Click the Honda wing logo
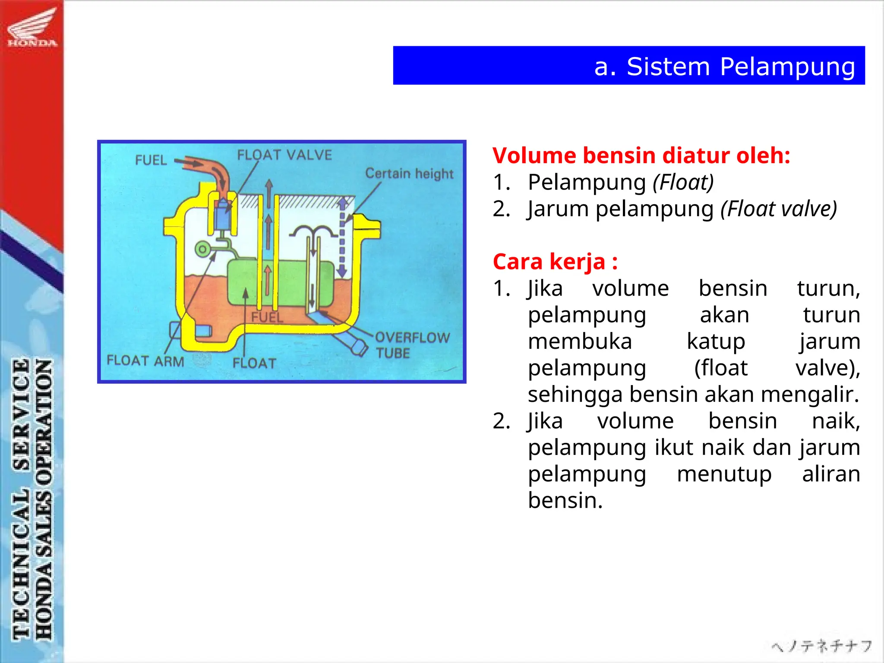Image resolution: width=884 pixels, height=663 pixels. coord(32,27)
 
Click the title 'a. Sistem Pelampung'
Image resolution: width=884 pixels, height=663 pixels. coord(724,66)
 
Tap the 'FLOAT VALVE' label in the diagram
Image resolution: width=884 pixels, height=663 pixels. coord(284,155)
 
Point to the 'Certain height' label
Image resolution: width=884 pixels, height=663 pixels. coord(409,174)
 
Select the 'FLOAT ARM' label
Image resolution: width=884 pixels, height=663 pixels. coord(145,360)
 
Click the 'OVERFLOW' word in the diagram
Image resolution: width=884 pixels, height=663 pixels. coord(412,338)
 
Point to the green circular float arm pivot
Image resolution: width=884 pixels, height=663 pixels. coord(202,249)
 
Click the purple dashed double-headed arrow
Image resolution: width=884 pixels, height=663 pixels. coord(342,237)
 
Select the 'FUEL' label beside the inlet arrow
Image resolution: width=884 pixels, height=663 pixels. coord(151,160)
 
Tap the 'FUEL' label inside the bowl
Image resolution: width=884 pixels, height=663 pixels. coord(267,317)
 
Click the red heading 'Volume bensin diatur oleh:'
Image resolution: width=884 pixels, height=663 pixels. coord(641,155)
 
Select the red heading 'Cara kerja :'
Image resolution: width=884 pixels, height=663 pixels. coord(555,262)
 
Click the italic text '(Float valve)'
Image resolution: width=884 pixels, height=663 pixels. coord(779,209)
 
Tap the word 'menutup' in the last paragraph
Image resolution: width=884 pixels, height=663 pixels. coord(724,474)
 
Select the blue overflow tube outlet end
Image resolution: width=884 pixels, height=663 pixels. coord(358,347)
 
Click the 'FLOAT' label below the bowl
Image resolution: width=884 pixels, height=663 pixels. coord(254,363)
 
